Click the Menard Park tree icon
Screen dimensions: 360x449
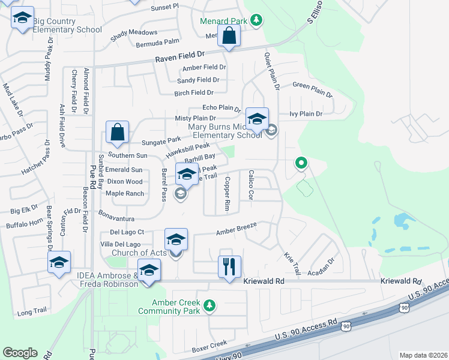tap(256, 20)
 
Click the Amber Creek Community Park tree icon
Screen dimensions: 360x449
tap(209, 307)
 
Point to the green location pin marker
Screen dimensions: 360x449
tap(301, 163)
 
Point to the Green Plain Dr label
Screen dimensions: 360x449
tap(312, 89)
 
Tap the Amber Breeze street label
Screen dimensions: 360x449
tap(237, 229)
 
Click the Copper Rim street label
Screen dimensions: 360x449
tap(228, 193)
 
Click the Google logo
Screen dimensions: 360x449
tap(20, 353)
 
